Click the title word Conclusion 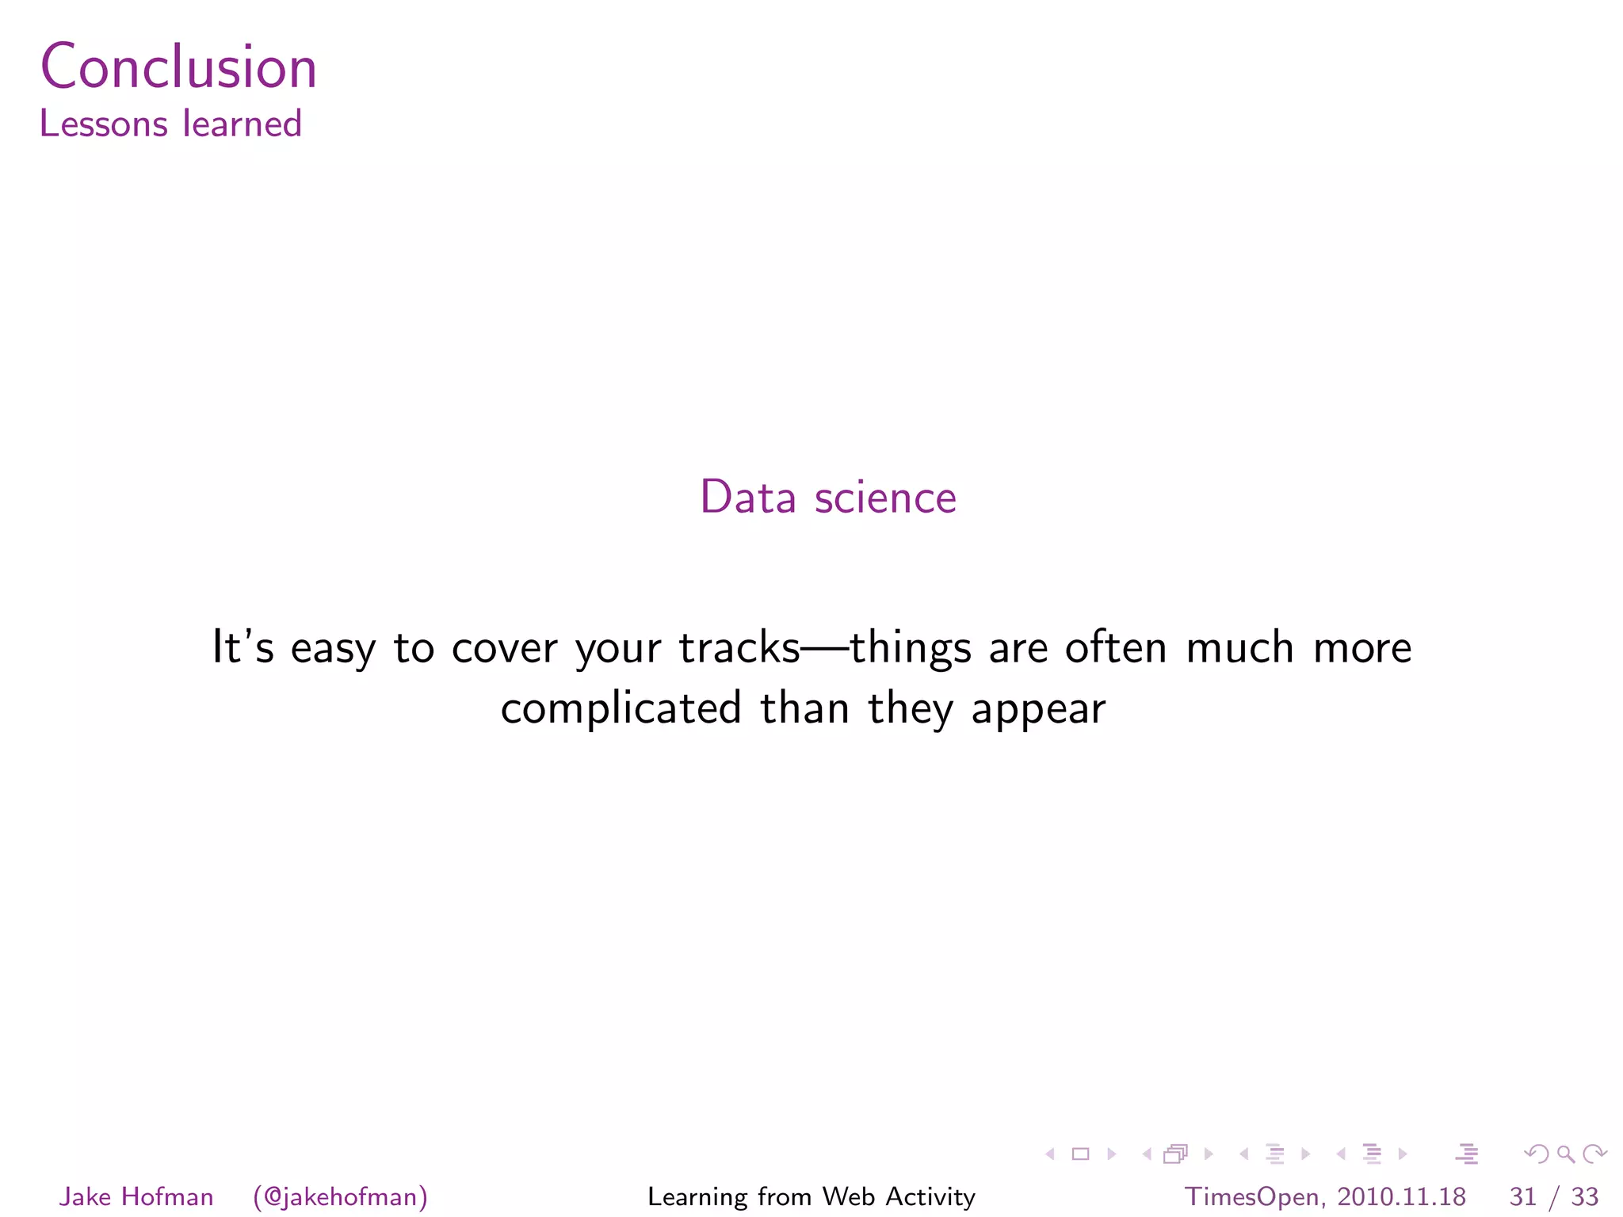(178, 67)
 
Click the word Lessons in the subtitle (104, 124)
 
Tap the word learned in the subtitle (242, 124)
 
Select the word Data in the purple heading (747, 498)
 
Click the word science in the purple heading (884, 498)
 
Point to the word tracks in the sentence (739, 647)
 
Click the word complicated (621, 708)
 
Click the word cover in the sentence (504, 648)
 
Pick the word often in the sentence (1116, 647)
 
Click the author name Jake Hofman (136, 1196)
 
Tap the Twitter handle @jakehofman (341, 1196)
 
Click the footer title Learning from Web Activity (811, 1196)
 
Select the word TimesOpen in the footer (1251, 1196)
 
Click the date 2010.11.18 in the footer (1401, 1196)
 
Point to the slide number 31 (1522, 1196)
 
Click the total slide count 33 (1584, 1196)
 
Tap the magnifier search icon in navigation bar (1565, 1154)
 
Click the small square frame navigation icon (1080, 1154)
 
